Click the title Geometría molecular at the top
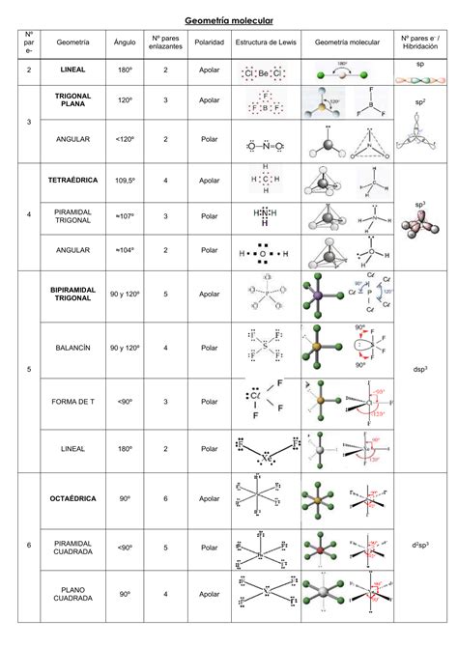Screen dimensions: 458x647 pyautogui.click(x=229, y=19)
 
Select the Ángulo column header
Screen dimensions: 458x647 pyautogui.click(x=125, y=43)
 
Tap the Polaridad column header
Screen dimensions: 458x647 pyautogui.click(x=210, y=43)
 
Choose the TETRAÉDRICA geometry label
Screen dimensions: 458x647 pyautogui.click(x=72, y=180)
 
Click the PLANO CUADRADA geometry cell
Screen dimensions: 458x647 pyautogui.click(x=72, y=594)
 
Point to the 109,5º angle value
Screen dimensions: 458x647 pyautogui.click(x=125, y=180)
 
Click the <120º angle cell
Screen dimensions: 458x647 pyautogui.click(x=125, y=139)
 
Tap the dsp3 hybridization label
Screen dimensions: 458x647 pyautogui.click(x=419, y=369)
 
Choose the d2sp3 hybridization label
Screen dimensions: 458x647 pyautogui.click(x=419, y=546)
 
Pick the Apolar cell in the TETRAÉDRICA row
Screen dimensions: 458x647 pyautogui.click(x=210, y=180)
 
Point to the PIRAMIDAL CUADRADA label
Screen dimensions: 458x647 pyautogui.click(x=72, y=548)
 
